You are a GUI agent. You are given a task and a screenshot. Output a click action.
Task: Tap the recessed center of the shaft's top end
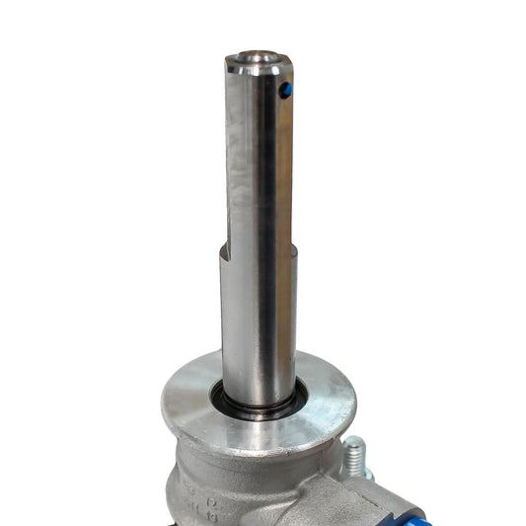258,61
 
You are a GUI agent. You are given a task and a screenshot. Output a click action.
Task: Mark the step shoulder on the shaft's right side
293,247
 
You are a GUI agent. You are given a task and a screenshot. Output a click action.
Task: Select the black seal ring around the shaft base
259,411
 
